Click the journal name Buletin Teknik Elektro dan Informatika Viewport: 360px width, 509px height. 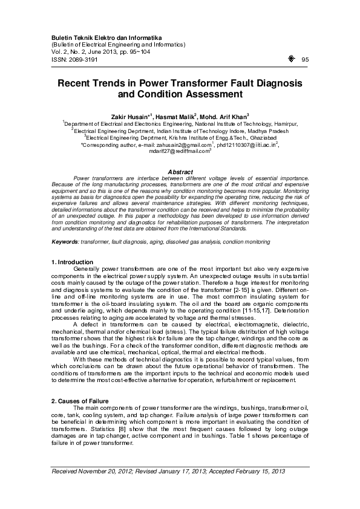(98, 37)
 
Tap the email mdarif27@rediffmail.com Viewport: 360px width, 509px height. (178, 152)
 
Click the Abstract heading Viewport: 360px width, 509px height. (179, 172)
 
